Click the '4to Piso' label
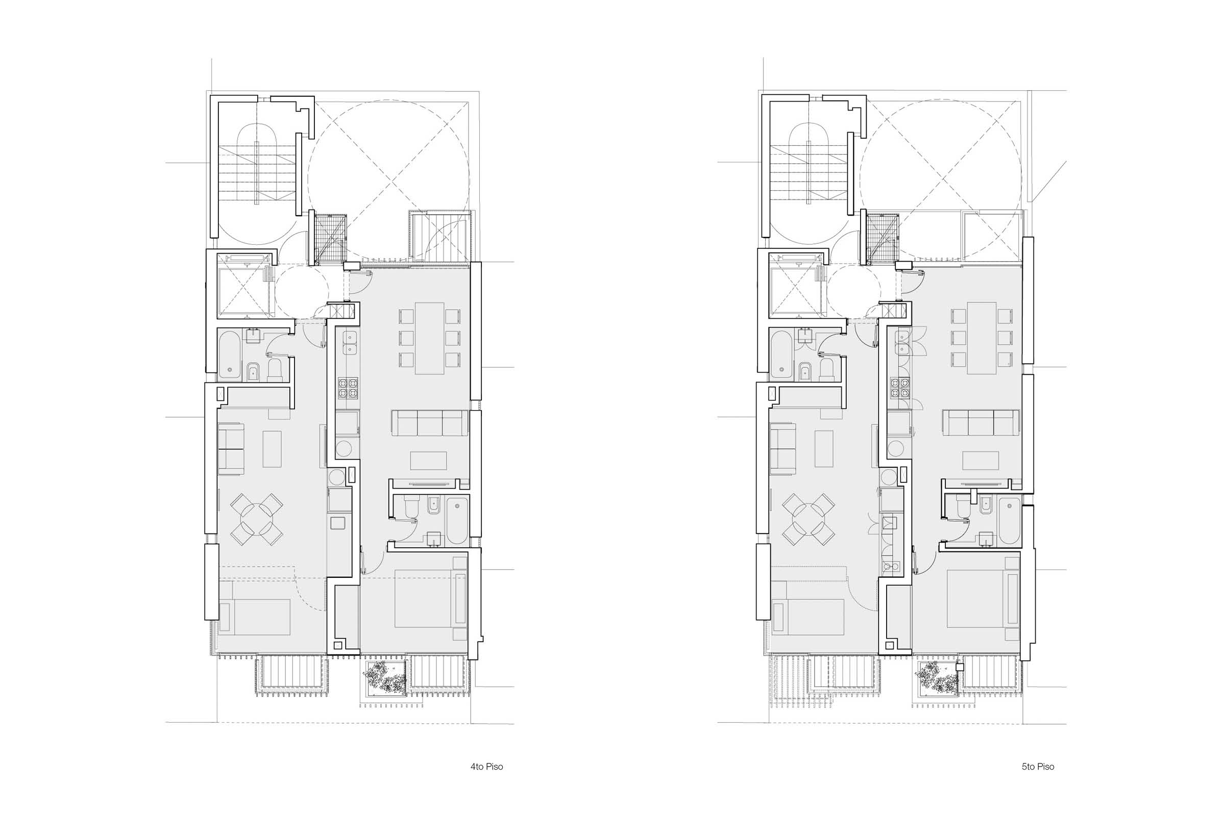[x=486, y=767]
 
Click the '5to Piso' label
[x=1038, y=767]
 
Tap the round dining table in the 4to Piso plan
[x=257, y=519]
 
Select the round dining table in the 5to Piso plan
[x=809, y=519]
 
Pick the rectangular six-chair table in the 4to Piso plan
[x=430, y=338]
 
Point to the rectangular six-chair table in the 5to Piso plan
[x=982, y=338]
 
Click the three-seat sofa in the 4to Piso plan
[x=430, y=423]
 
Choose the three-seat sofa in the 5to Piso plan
[x=981, y=423]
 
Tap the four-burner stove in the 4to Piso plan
[x=348, y=388]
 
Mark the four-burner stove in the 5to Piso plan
[x=899, y=388]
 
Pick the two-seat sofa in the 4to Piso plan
[x=231, y=449]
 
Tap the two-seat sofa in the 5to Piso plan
[x=783, y=449]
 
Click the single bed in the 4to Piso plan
[x=254, y=617]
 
